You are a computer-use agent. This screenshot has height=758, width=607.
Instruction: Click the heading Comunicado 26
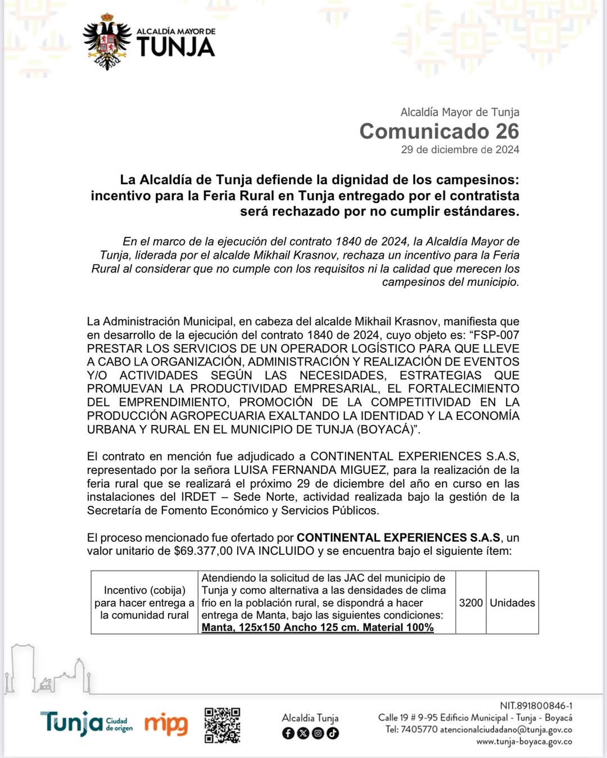tap(439, 131)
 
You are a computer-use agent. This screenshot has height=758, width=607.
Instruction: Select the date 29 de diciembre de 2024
tap(460, 149)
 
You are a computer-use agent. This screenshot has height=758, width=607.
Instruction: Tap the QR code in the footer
tap(222, 725)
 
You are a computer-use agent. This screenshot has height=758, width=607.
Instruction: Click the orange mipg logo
tap(166, 724)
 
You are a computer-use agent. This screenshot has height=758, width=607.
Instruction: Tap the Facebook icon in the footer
tap(288, 733)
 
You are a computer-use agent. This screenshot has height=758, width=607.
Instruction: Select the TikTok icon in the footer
tap(333, 733)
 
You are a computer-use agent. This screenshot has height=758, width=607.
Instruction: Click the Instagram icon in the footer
tap(318, 733)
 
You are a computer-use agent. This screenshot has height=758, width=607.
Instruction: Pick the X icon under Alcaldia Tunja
tap(303, 733)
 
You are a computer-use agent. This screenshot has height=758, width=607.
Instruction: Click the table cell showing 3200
tap(470, 603)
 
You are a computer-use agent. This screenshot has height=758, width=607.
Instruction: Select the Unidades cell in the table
tap(512, 603)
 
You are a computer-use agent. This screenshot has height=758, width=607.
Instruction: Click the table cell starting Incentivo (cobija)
tap(144, 602)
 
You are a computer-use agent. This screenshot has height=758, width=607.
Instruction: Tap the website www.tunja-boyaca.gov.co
tap(524, 742)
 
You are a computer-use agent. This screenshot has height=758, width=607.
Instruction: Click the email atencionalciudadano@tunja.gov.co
tap(506, 730)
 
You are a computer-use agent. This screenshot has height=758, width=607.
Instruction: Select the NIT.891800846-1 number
tap(536, 706)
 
